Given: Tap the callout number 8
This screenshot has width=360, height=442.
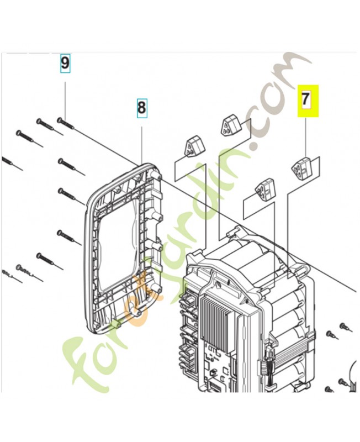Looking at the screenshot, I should [x=141, y=107].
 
